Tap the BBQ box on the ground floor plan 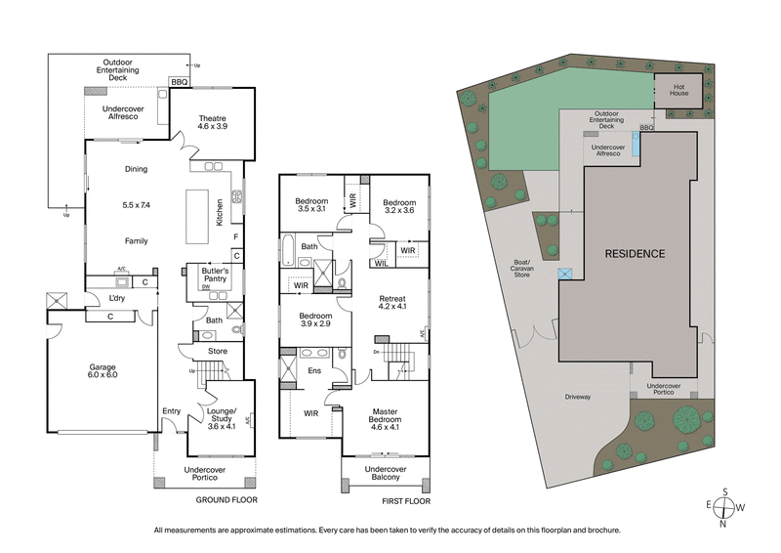[x=179, y=83]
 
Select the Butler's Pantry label [x=215, y=275]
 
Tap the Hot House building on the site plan [x=678, y=91]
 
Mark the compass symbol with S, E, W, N [x=722, y=508]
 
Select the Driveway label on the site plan [x=580, y=397]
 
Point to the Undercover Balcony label [x=384, y=475]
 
